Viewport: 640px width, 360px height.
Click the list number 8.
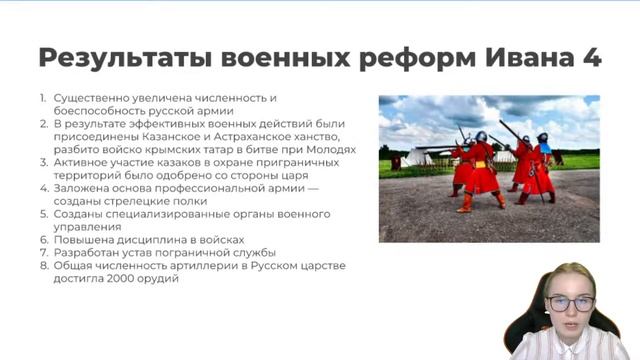click(43, 266)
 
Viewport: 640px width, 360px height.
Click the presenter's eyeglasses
click(571, 302)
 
